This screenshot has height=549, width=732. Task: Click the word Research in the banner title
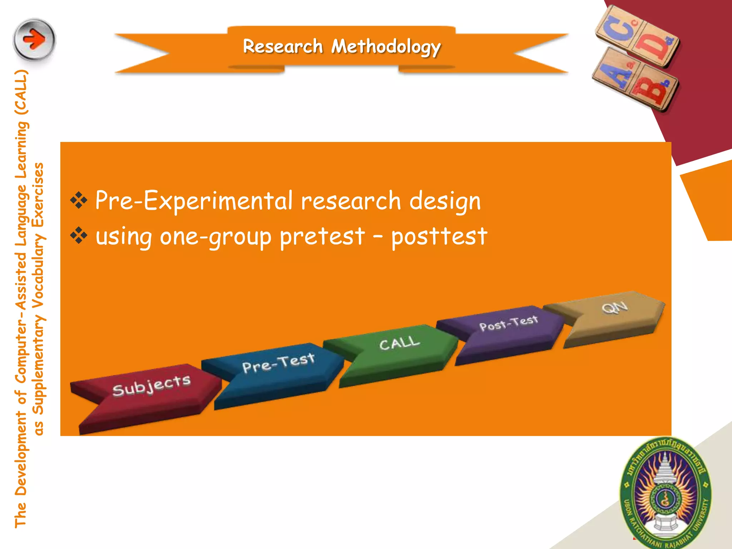coord(283,46)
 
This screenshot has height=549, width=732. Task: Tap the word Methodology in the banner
coord(386,47)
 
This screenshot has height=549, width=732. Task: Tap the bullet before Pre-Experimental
coord(79,201)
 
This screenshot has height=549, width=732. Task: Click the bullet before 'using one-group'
coord(79,236)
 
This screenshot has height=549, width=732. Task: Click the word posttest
coord(439,237)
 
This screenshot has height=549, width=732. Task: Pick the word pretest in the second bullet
coord(322,237)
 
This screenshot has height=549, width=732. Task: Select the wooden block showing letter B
coord(653,89)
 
